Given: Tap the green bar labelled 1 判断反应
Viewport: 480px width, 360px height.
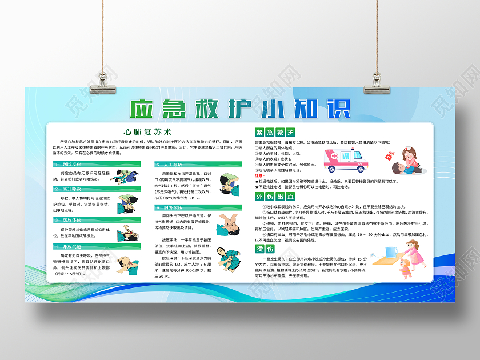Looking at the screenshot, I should [95, 164].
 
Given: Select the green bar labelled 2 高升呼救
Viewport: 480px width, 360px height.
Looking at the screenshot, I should [95, 189].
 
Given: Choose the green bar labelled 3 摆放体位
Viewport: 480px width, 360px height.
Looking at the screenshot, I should [95, 219].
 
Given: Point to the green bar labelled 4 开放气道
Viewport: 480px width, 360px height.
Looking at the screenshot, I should [95, 247].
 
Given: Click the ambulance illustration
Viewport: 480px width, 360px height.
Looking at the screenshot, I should [345, 160].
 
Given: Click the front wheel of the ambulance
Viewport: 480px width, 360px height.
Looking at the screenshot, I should [359, 169].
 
